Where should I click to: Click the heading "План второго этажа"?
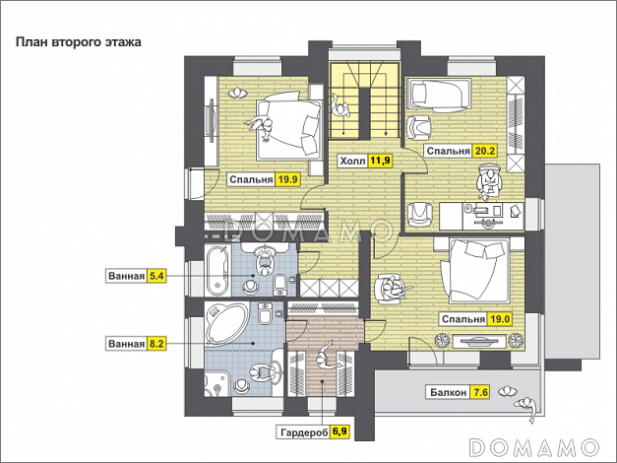79,41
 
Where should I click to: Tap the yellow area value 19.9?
288,179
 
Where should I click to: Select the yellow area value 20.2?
485,151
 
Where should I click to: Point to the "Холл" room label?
352,161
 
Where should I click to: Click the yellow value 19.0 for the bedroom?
500,319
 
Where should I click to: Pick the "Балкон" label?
448,392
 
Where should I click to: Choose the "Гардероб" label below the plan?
304,432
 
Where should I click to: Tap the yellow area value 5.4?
156,276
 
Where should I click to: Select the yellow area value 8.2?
156,344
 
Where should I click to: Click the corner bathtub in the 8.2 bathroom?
225,323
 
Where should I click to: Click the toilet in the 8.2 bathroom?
265,313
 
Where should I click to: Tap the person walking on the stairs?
340,105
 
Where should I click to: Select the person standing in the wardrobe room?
325,357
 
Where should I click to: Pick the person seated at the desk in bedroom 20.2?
488,181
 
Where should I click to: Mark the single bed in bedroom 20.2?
439,95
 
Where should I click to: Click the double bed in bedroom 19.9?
289,129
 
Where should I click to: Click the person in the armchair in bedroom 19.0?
392,288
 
